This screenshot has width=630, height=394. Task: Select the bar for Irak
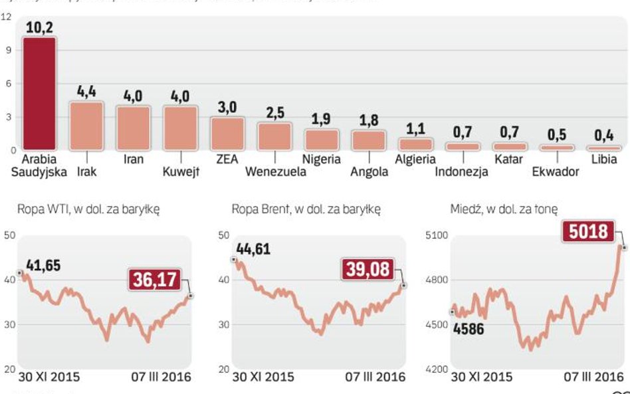(x=86, y=126)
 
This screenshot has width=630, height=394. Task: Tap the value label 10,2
(x=39, y=27)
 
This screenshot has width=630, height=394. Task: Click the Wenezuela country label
(x=276, y=172)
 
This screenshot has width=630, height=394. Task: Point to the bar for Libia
(x=603, y=148)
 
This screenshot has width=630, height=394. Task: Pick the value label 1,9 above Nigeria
(x=321, y=120)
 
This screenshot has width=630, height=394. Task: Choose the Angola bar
(x=369, y=140)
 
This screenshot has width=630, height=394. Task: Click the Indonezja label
(x=462, y=172)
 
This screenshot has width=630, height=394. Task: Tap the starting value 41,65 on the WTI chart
(x=45, y=266)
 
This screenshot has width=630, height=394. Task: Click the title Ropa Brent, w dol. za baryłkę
(x=306, y=209)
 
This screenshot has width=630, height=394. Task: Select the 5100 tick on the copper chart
(x=437, y=235)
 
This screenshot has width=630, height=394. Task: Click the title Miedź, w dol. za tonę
(x=504, y=209)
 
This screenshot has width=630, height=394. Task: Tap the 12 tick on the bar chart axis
(x=7, y=17)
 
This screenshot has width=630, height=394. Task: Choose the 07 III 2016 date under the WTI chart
(x=159, y=377)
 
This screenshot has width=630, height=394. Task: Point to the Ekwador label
(x=556, y=172)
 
